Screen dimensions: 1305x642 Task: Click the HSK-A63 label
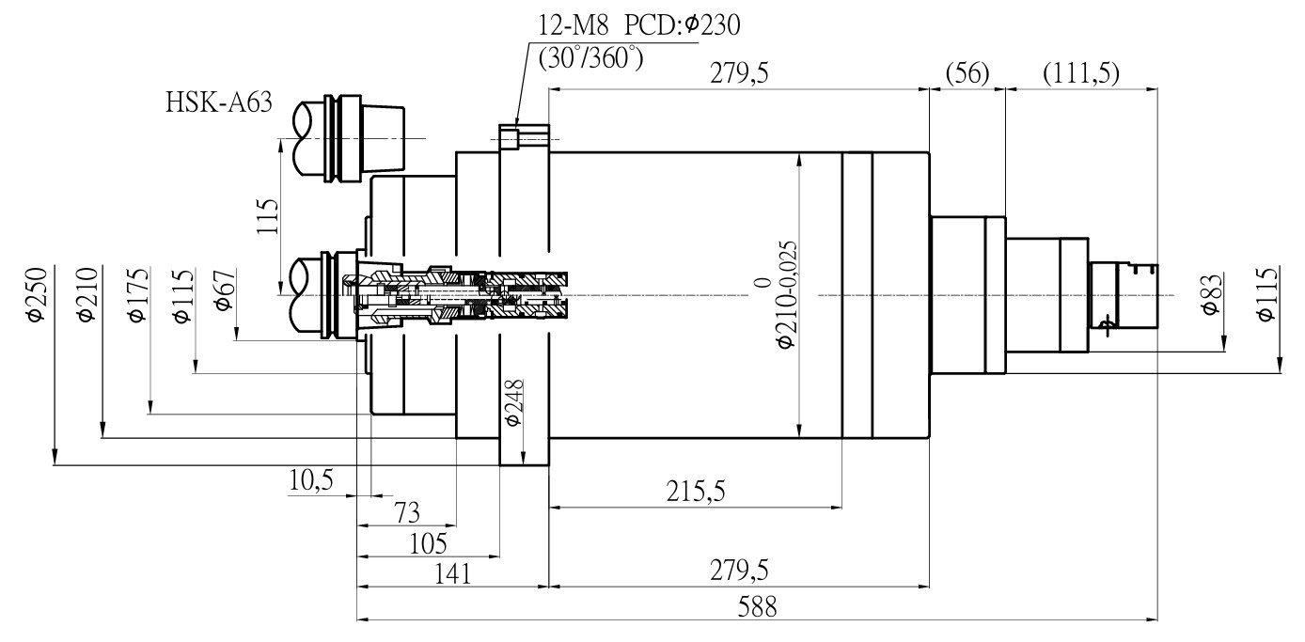(219, 102)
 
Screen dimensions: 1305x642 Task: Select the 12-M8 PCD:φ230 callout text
(638, 25)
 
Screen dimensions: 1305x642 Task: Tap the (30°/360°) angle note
(590, 59)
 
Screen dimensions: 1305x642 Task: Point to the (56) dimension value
(967, 73)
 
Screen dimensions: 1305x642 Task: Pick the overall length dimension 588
(758, 607)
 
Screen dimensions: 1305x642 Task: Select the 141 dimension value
(453, 574)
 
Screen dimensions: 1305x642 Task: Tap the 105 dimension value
(428, 544)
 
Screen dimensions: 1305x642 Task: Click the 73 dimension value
(407, 513)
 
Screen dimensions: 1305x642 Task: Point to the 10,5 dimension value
(311, 480)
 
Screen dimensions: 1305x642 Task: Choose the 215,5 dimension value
(696, 492)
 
